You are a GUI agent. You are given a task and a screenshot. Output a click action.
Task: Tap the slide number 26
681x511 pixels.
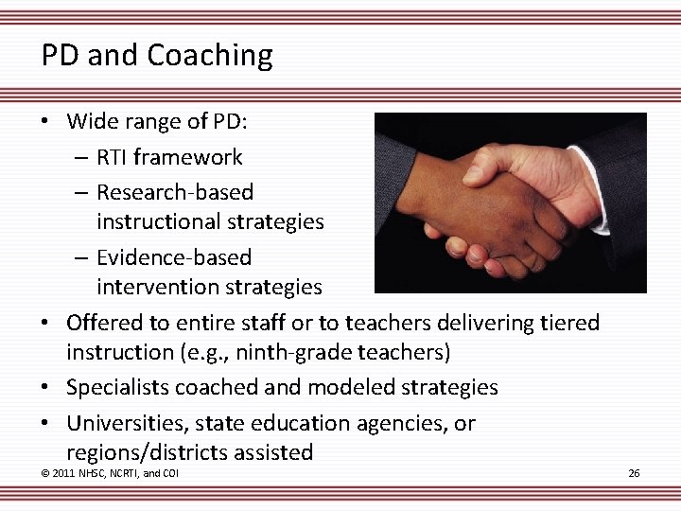(x=633, y=473)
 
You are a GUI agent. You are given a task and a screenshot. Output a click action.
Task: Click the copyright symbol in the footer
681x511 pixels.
(x=45, y=473)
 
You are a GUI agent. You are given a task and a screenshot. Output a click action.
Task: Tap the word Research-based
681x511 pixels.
(x=175, y=192)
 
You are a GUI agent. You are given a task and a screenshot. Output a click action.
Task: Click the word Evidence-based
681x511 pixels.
(x=174, y=257)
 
